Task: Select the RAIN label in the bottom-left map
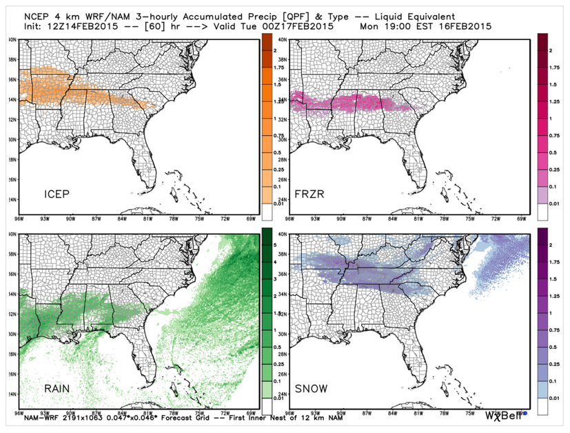[x=59, y=389]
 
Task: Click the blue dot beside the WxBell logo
[x=525, y=414]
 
